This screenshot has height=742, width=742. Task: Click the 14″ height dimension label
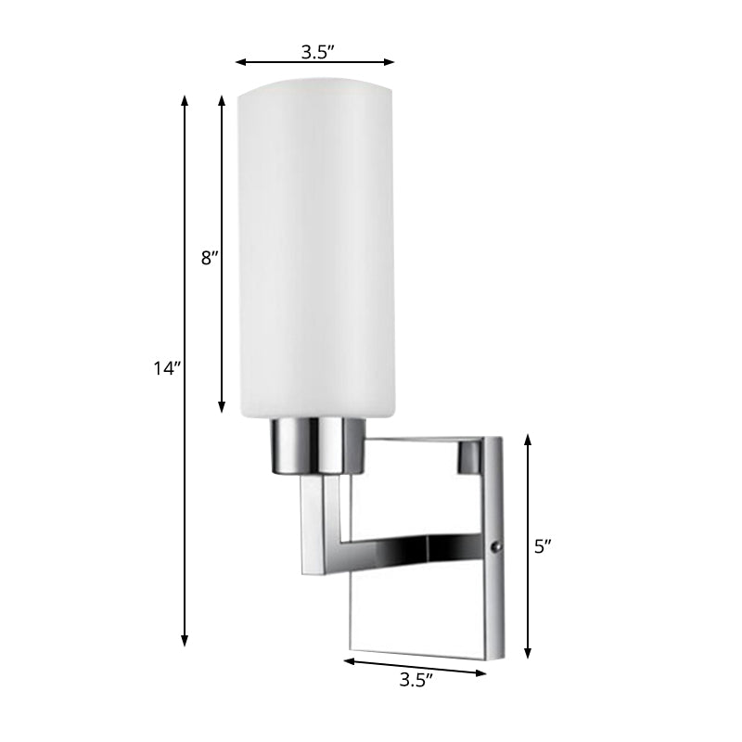[167, 368]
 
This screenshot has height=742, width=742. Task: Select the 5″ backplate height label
[544, 546]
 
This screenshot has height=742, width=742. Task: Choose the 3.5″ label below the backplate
[416, 681]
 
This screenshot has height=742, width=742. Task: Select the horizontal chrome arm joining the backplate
[417, 547]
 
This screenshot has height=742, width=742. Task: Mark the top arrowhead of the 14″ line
[185, 98]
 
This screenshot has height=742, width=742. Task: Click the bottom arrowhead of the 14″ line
[185, 641]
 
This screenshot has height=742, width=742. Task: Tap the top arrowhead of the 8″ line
[222, 98]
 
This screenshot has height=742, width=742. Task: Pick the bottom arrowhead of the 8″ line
[222, 408]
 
